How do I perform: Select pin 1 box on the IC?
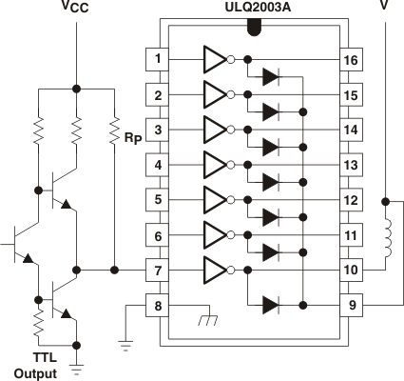pos(157,60)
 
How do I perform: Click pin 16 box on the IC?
pos(351,60)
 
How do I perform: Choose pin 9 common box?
pos(351,305)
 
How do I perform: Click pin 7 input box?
pos(157,270)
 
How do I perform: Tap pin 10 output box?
pos(351,270)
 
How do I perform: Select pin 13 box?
pos(351,165)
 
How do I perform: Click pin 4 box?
pos(157,165)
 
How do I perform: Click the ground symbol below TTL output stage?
pos(75,361)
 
